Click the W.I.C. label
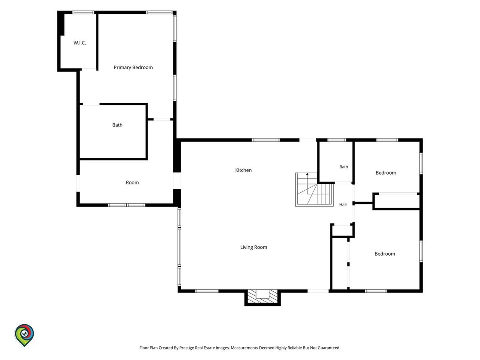coord(80,43)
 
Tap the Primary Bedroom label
coord(133,67)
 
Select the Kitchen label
coord(243,170)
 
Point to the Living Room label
coord(254,247)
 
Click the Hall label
coord(343,204)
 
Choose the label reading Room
coord(132,182)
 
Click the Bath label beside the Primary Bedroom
coord(117,125)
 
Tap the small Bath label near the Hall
coord(344,167)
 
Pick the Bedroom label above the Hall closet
coord(386,173)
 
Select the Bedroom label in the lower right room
coord(385,254)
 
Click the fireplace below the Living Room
coord(262,298)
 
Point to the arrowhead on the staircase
coord(307,174)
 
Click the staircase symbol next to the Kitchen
coord(314,190)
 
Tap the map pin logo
coord(24,335)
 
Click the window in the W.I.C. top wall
coord(83,12)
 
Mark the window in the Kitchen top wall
coord(266,140)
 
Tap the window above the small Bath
coord(337,140)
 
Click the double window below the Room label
coord(127,205)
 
